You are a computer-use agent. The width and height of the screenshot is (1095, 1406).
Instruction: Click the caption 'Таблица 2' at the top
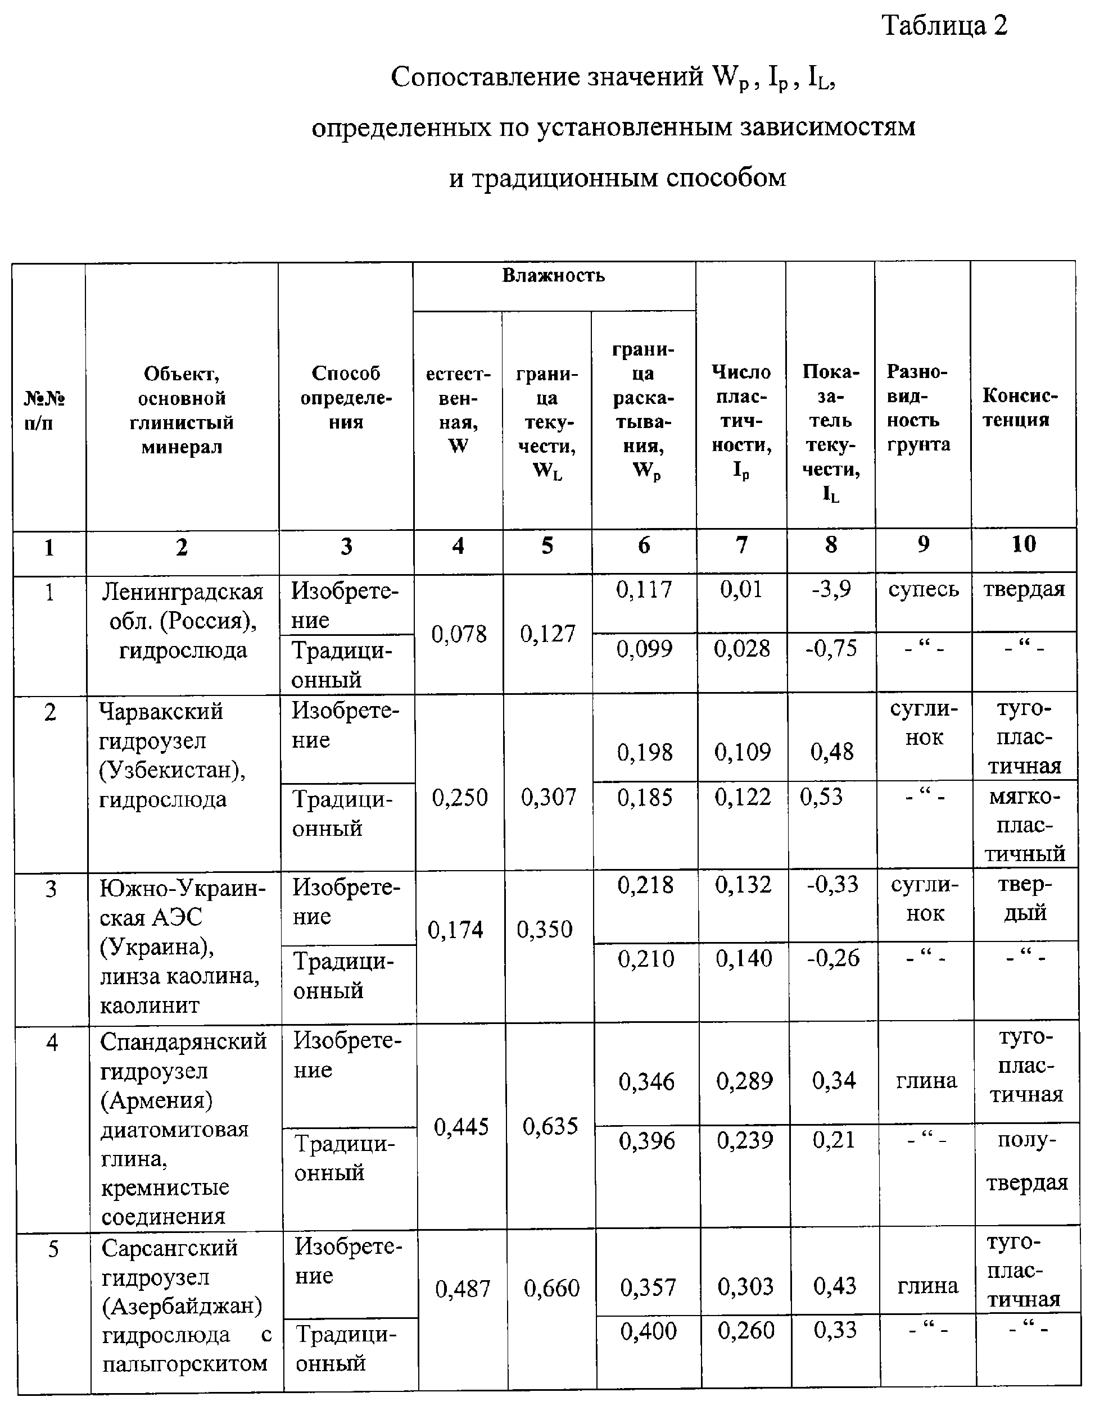pyautogui.click(x=944, y=26)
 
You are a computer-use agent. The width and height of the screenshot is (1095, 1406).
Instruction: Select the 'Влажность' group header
pyautogui.click(x=553, y=276)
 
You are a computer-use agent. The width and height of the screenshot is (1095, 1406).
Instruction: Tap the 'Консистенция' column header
pyautogui.click(x=1020, y=407)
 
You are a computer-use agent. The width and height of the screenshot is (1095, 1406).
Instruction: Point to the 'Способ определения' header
pyautogui.click(x=346, y=397)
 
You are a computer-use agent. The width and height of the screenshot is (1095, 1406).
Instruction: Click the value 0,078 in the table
pyautogui.click(x=459, y=635)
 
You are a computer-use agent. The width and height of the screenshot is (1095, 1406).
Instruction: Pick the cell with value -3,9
pyautogui.click(x=831, y=589)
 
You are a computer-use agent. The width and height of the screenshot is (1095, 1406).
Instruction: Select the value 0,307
pyautogui.click(x=548, y=798)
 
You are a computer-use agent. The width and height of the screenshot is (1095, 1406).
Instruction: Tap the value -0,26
pyautogui.click(x=833, y=958)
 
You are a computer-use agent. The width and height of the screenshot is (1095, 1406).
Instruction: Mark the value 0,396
pyautogui.click(x=646, y=1141)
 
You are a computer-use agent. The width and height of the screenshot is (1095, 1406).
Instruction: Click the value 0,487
pyautogui.click(x=463, y=1289)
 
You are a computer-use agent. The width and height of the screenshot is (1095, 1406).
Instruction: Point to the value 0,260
pyautogui.click(x=746, y=1331)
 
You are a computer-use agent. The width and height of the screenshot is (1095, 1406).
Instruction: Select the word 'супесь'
pyautogui.click(x=923, y=590)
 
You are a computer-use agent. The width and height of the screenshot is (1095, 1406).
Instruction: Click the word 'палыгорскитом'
pyautogui.click(x=184, y=1363)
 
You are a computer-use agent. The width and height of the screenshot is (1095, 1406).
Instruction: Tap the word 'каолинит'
pyautogui.click(x=150, y=1005)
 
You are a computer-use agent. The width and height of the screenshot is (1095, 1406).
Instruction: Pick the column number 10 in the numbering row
pyautogui.click(x=1023, y=545)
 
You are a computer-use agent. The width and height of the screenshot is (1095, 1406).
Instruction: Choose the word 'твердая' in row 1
pyautogui.click(x=1024, y=590)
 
